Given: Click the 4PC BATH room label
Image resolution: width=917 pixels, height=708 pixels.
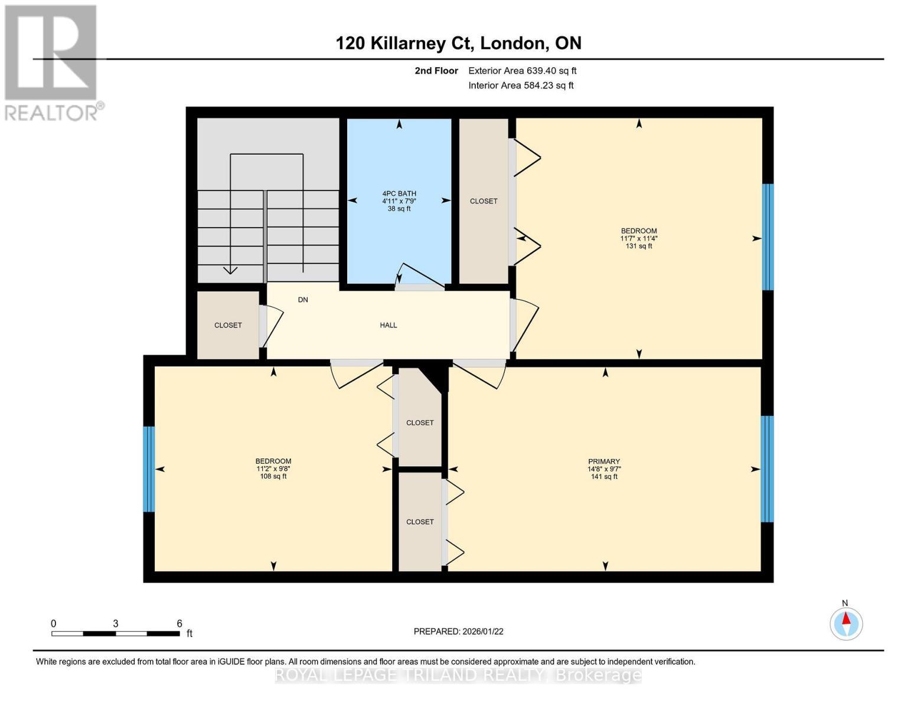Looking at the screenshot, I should click(x=399, y=194).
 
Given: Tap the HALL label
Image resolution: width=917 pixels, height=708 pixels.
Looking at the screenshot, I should click(x=388, y=325).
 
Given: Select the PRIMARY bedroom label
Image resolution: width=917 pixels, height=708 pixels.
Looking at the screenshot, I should click(x=603, y=461).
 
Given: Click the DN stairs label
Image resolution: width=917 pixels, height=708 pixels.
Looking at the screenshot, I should click(x=303, y=300).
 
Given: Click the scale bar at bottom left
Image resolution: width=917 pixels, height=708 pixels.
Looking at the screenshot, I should click(x=116, y=634).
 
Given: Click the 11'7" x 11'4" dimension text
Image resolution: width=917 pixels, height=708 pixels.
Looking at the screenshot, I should click(x=638, y=238).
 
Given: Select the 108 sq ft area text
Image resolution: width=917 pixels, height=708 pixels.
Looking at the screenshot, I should click(x=273, y=476).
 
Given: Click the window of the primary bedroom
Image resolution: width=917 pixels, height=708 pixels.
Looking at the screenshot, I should click(x=766, y=469).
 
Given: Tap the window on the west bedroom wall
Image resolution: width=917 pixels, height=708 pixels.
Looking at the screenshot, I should click(x=149, y=469).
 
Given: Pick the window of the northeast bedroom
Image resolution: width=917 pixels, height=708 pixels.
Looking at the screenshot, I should click(x=768, y=237).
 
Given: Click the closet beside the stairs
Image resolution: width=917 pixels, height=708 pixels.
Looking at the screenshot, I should click(x=228, y=325).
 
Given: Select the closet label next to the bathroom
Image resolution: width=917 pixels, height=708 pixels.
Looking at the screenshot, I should click(x=484, y=201).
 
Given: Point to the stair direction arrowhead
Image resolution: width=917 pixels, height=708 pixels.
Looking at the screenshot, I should click(x=230, y=270).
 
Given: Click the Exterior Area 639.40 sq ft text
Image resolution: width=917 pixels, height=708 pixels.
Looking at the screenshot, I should click(x=522, y=71).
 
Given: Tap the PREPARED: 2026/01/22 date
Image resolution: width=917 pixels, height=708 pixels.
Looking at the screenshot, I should click(x=458, y=631).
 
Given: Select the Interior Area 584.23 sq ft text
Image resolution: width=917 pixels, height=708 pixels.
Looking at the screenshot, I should click(x=521, y=86).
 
